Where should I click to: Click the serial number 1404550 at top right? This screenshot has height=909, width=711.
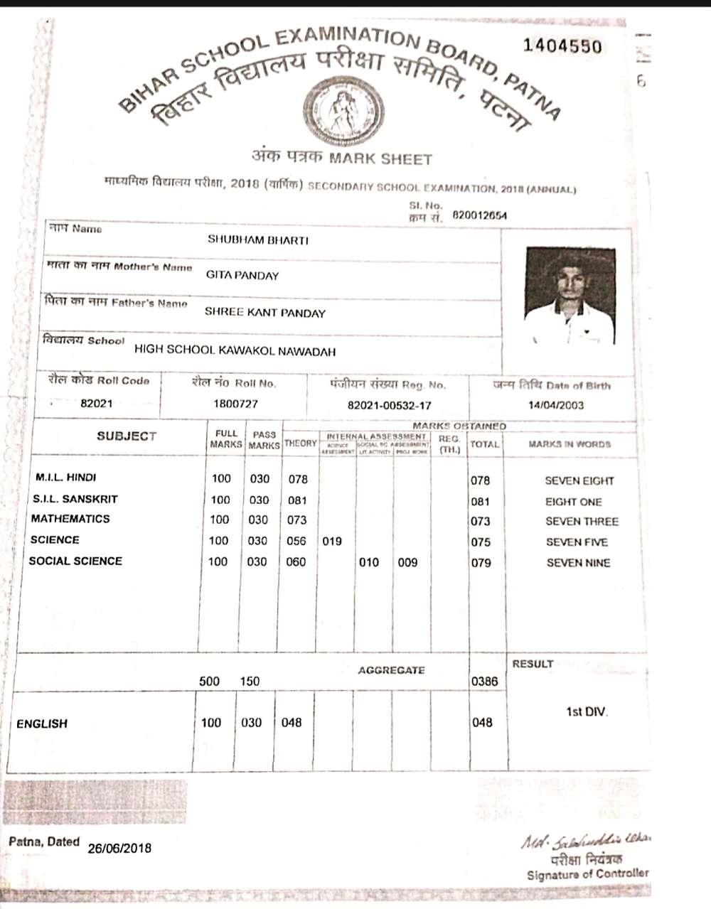(562, 47)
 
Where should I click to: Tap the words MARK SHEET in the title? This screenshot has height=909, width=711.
(380, 158)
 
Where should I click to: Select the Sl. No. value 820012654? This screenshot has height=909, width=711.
(479, 215)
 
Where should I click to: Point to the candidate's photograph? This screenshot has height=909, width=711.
(569, 296)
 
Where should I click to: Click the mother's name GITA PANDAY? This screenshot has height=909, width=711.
(242, 276)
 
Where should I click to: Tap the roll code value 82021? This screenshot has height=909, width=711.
(96, 404)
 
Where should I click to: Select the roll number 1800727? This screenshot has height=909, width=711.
(235, 404)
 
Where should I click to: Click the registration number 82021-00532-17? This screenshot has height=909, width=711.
(389, 406)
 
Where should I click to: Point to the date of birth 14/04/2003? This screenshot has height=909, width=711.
(556, 405)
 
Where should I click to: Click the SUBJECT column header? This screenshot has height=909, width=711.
(127, 436)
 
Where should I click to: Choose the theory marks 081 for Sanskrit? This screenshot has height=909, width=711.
(297, 500)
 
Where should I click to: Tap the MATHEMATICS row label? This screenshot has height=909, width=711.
(70, 519)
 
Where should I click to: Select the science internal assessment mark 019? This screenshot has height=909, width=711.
(332, 542)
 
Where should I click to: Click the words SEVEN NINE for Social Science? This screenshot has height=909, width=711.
(578, 563)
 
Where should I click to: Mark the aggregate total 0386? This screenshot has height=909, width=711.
(484, 682)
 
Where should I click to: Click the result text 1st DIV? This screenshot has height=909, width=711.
(587, 711)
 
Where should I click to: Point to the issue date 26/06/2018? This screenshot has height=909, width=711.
(119, 848)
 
